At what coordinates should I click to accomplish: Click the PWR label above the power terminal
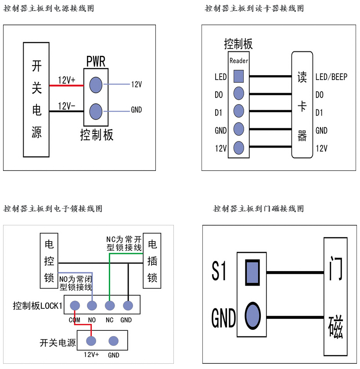[x=96, y=61]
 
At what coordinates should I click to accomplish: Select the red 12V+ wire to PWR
[x=66, y=85]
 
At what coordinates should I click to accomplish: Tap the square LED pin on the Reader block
[x=238, y=76]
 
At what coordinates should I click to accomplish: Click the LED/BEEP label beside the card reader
[x=331, y=77]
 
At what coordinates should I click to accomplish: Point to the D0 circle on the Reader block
[x=238, y=93]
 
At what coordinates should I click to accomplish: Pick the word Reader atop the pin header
[x=239, y=61]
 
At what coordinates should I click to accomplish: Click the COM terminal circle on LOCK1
[x=74, y=305]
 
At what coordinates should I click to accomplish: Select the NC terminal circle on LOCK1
[x=110, y=305]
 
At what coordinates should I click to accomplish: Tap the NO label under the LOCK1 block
[x=92, y=320]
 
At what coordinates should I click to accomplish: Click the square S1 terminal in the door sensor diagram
[x=252, y=271]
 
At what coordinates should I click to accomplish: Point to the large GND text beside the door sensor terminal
[x=223, y=318]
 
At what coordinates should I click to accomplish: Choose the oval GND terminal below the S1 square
[x=252, y=316]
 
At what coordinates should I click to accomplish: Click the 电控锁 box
[x=49, y=260]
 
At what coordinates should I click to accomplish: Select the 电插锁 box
[x=152, y=260]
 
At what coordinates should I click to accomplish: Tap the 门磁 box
[x=336, y=297]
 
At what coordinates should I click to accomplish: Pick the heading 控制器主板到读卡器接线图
[x=254, y=8]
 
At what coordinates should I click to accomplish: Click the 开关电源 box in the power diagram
[x=36, y=99]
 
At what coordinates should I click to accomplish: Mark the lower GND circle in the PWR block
[x=96, y=111]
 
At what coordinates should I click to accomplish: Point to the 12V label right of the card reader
[x=321, y=148]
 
